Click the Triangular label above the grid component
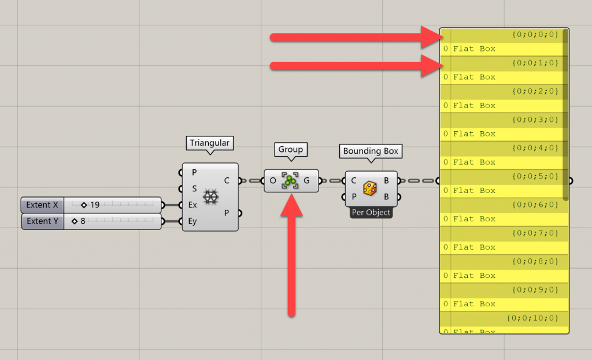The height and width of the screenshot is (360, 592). tap(209, 143)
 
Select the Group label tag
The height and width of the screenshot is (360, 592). tap(291, 149)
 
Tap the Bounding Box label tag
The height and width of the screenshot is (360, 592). tap(371, 151)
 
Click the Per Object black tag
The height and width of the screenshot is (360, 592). tap(371, 213)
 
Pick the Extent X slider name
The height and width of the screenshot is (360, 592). tap(42, 205)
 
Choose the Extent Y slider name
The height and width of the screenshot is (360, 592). tap(42, 221)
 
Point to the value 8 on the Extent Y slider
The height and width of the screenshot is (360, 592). tap(83, 221)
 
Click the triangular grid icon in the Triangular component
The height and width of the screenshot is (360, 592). tap(211, 196)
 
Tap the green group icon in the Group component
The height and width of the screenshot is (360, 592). tap(291, 180)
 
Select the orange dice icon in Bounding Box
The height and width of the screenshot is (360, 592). tap(371, 188)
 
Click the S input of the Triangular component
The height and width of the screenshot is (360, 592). tap(194, 188)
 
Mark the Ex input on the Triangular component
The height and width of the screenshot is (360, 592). tap(193, 205)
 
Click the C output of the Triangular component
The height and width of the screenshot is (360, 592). tap(227, 180)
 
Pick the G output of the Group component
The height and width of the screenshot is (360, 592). tap(306, 180)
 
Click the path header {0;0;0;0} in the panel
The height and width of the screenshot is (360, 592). tap(535, 35)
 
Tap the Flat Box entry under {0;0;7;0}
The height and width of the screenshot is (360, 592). tap(474, 247)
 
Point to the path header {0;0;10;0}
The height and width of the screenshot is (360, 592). tap(532, 318)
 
